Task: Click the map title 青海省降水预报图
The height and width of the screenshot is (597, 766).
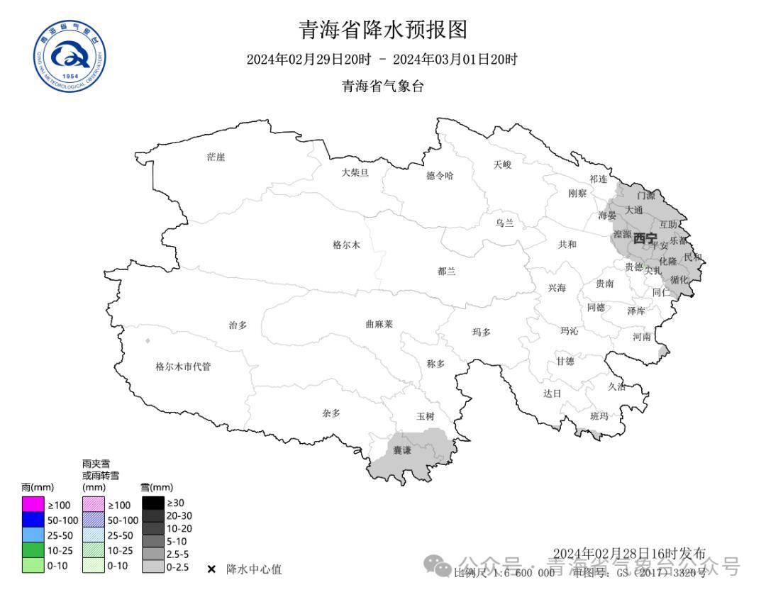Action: (382, 30)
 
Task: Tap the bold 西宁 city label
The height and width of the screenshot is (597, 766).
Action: (645, 238)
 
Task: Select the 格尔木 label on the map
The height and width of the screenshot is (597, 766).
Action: (346, 245)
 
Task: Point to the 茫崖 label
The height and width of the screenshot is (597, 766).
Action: (216, 157)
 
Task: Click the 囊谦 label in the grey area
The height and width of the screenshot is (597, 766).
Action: (402, 450)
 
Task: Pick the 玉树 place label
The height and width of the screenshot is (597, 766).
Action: (426, 416)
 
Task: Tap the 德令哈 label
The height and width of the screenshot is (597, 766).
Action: (439, 176)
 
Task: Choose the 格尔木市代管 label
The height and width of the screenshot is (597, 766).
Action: (183, 367)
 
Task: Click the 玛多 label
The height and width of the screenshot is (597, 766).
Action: (482, 332)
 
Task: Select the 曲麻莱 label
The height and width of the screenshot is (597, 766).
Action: (379, 324)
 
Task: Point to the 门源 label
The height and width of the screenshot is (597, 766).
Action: (646, 195)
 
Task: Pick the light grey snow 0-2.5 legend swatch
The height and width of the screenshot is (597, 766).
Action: (152, 567)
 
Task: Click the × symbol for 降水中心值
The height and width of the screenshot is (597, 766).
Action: (211, 569)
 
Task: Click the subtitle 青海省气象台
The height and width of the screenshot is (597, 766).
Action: (382, 87)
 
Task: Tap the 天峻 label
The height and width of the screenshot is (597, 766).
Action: (502, 164)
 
